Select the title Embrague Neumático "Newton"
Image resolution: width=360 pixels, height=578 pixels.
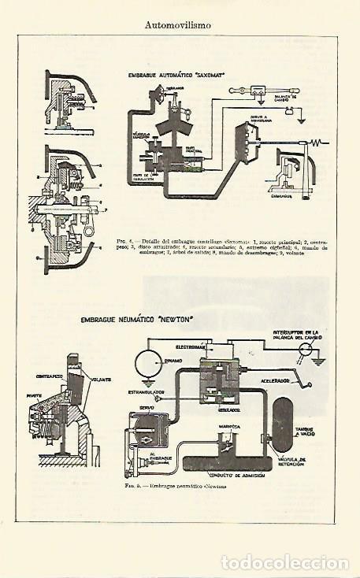tap(137, 320)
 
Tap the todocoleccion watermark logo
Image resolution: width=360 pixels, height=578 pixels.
tap(284, 561)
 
